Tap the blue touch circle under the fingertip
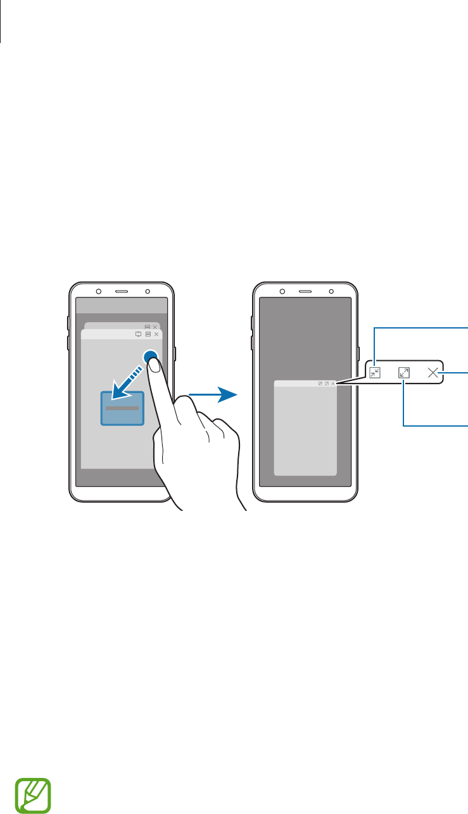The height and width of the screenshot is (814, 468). [151, 358]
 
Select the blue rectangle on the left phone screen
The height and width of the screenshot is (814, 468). [122, 408]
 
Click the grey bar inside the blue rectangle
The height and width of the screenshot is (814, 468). [122, 408]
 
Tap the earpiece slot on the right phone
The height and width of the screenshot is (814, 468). [305, 292]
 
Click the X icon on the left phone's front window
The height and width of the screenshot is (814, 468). [156, 334]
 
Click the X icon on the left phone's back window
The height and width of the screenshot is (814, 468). [155, 327]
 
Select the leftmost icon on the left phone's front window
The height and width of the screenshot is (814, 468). [139, 334]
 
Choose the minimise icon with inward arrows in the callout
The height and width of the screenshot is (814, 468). [375, 373]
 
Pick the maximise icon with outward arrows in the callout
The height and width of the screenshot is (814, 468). [405, 373]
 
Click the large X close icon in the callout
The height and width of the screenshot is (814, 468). [433, 373]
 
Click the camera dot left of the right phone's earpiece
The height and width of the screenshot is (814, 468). [282, 292]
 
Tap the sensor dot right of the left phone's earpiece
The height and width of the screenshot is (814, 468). [147, 292]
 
